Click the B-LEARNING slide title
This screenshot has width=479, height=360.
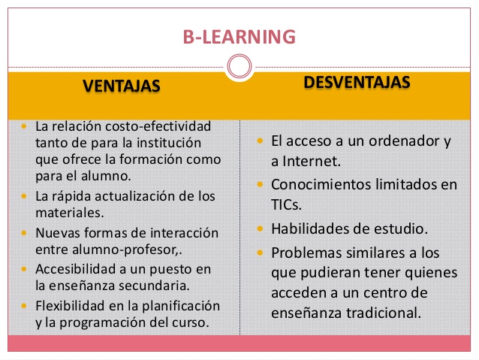239,36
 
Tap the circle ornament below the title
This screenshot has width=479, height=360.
239,67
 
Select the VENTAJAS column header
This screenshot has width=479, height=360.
122,86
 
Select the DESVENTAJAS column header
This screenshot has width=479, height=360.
357,82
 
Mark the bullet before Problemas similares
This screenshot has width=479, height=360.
259,252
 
